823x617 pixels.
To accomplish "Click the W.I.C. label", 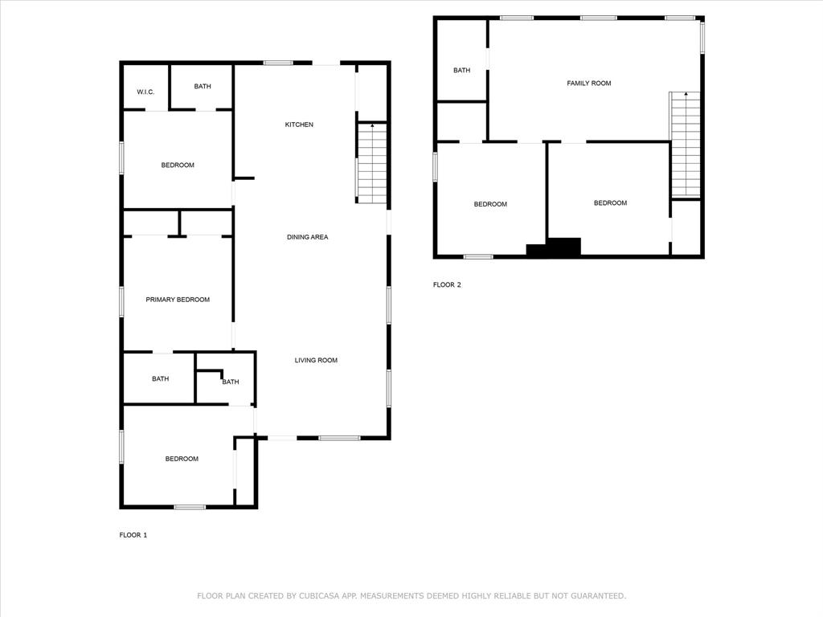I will (x=145, y=92).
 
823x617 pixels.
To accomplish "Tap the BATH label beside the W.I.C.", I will (x=203, y=87).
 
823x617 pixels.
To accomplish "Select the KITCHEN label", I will (x=299, y=125).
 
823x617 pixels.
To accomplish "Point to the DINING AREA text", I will (x=308, y=237).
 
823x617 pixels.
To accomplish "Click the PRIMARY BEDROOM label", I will (x=178, y=300).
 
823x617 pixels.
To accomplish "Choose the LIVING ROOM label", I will (x=316, y=361).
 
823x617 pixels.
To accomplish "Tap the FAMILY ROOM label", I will (x=589, y=84).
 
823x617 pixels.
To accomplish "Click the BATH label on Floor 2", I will (x=461, y=71).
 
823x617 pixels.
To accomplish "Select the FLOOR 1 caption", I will (x=133, y=535).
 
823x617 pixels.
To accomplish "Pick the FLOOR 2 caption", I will (x=447, y=284).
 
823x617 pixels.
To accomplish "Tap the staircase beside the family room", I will (x=686, y=145).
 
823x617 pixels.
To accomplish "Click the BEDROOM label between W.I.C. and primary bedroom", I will (x=178, y=165).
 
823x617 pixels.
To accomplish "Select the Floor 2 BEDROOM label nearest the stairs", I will (x=610, y=203).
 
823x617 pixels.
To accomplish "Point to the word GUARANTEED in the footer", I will (x=594, y=596).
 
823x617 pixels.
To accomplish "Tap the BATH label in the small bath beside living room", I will (x=231, y=382).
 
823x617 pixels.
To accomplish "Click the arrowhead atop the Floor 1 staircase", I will (x=372, y=126).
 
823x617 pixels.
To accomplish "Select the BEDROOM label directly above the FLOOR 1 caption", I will (x=182, y=459).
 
